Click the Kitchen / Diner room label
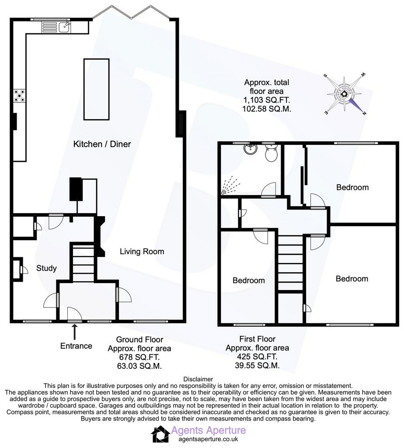(102, 144)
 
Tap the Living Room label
(142, 252)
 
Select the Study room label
(46, 268)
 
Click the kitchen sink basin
(65, 27)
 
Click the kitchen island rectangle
(97, 89)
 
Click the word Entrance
(76, 346)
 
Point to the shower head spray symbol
(230, 185)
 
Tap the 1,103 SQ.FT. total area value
(266, 100)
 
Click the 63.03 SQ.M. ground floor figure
(139, 366)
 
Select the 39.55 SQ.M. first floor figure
(257, 365)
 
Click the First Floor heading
(257, 339)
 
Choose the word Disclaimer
(198, 379)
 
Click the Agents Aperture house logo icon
(160, 434)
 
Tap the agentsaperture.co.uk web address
(208, 439)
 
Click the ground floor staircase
(84, 262)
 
